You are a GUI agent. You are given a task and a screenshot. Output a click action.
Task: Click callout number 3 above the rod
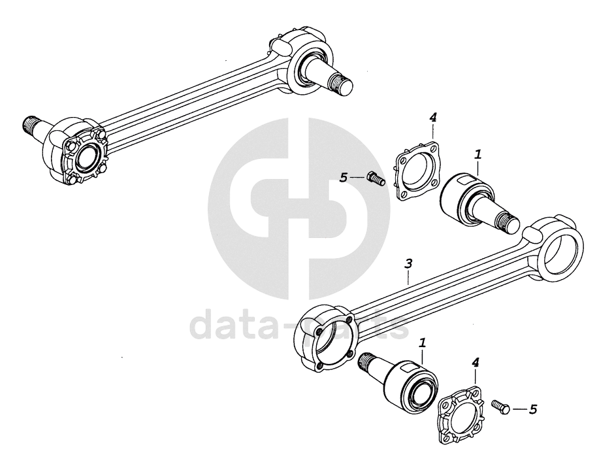(408, 264)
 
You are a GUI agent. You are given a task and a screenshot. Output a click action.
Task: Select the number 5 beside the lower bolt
(533, 409)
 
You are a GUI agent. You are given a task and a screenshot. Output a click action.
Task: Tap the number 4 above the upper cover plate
(432, 117)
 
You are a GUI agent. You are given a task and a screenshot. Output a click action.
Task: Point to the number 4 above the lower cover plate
(476, 361)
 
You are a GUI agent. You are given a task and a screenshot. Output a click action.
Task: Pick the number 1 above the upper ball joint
(478, 155)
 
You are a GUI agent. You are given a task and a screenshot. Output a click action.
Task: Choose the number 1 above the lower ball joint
(423, 342)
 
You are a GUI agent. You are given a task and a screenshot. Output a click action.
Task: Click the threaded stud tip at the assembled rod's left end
(29, 122)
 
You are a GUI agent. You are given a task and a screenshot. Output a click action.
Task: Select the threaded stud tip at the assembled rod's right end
(343, 84)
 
